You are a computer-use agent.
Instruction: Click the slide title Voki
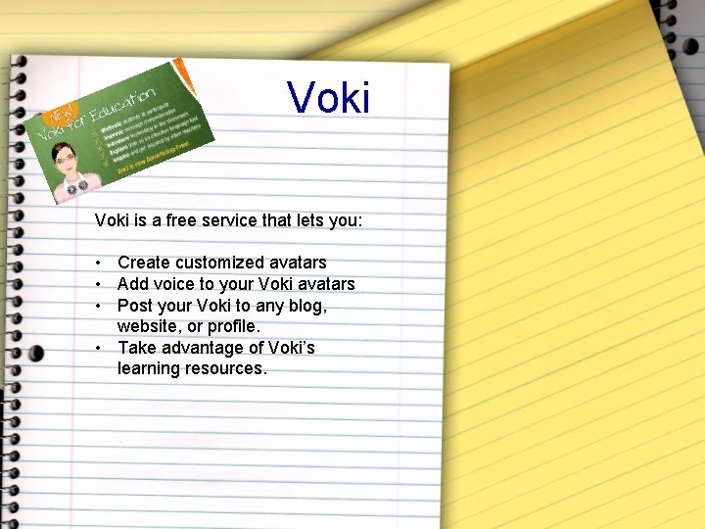(329, 98)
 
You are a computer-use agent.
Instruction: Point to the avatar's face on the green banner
(66, 158)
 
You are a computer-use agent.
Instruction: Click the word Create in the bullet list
(143, 263)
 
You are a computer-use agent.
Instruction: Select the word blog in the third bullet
(307, 306)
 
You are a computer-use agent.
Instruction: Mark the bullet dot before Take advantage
(99, 348)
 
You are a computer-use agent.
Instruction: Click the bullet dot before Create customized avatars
(99, 263)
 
